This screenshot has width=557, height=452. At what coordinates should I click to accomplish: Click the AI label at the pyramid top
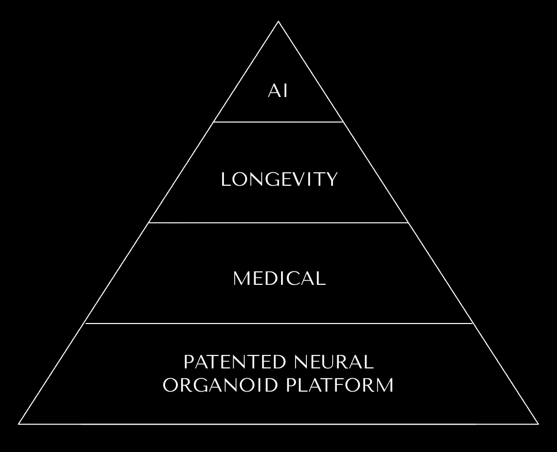click(278, 91)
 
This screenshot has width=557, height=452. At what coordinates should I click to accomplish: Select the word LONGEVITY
click(279, 180)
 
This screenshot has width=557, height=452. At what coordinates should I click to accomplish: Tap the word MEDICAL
click(279, 279)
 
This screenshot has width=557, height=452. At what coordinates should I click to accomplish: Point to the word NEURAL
click(334, 362)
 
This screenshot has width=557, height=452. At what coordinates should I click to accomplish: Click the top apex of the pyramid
click(278, 22)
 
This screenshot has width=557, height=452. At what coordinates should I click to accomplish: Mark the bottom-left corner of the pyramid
click(19, 424)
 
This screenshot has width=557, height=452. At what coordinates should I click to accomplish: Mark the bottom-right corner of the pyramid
click(538, 424)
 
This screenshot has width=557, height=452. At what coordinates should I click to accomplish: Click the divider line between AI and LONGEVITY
click(278, 122)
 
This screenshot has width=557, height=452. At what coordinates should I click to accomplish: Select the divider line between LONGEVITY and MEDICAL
click(278, 223)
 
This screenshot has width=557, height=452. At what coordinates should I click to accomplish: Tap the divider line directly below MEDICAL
click(278, 324)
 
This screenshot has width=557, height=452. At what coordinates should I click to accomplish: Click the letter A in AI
click(274, 91)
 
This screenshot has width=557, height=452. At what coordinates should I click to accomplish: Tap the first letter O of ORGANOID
click(170, 385)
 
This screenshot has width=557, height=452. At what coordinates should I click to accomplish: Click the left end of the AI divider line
click(214, 122)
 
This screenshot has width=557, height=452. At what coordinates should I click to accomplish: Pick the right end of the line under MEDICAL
click(473, 324)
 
